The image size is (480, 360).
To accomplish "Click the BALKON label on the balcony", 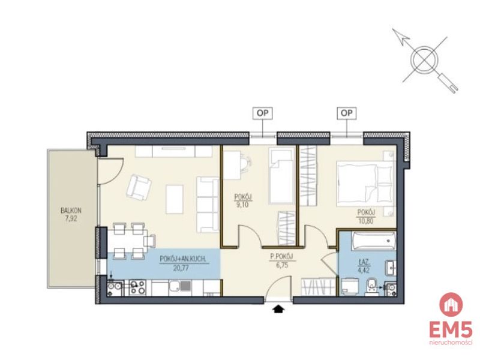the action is (x=71, y=211).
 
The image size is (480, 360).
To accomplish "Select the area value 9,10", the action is (x=242, y=205).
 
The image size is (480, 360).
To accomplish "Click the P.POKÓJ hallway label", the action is (x=282, y=257).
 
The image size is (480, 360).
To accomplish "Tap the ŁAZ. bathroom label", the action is (x=364, y=263).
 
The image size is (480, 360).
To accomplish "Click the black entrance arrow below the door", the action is (x=278, y=309).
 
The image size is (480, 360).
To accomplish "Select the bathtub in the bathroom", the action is (x=374, y=241).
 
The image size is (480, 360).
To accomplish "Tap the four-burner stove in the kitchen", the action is (x=137, y=287).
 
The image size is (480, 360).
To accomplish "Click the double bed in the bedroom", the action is (x=364, y=183).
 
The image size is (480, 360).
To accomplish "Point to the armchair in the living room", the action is (x=139, y=187).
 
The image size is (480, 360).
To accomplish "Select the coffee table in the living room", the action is (x=175, y=199).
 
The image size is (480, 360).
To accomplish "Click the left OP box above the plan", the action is (x=262, y=113).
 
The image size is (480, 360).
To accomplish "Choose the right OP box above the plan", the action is (x=347, y=113).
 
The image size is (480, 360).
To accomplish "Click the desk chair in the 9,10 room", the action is (x=247, y=162).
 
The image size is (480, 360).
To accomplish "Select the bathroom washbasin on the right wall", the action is (x=391, y=268).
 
